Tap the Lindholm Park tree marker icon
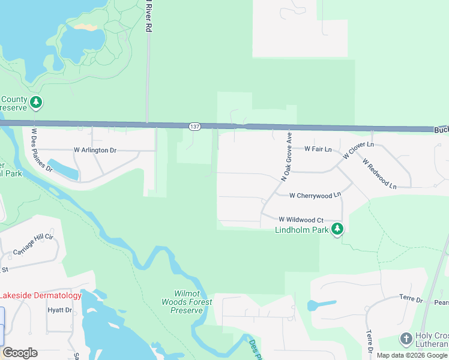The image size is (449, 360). point(337,229)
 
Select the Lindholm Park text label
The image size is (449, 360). point(302,230)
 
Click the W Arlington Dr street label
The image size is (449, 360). point(95,150)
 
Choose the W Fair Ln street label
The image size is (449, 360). point(318,148)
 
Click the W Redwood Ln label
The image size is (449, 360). point(379,173)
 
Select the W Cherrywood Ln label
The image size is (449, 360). point(315,196)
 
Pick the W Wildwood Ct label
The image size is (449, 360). point(300,220)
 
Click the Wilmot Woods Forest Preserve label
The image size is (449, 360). point(187,302)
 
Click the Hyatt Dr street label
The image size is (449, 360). point(59,310)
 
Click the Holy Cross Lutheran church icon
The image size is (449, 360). point(406,339)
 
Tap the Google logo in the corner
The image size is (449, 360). point(20,353)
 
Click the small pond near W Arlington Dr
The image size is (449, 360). point(62,169)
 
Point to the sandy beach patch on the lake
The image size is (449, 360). point(85,28)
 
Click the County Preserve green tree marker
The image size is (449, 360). point(37,103)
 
